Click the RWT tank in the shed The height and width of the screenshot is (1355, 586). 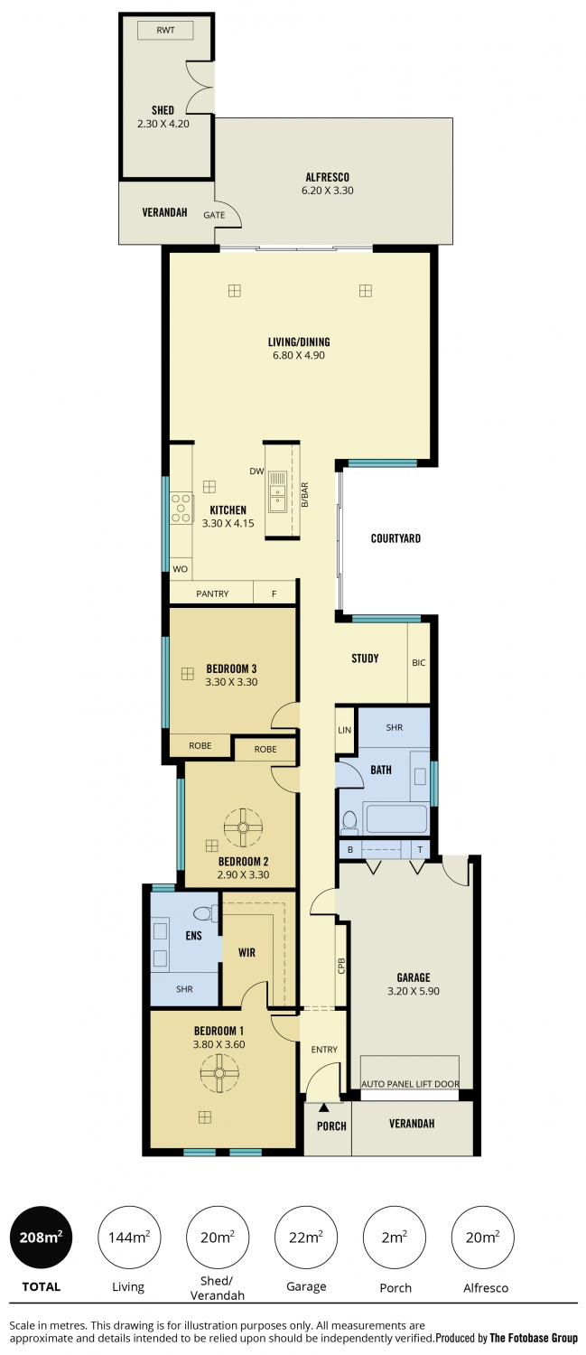click(x=165, y=30)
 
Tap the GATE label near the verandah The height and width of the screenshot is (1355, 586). click(x=214, y=215)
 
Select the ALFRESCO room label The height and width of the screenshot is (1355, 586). click(x=327, y=177)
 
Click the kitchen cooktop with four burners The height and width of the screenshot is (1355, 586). click(x=181, y=508)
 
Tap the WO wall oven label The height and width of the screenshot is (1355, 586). click(x=181, y=569)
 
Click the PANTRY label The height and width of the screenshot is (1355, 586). click(x=212, y=594)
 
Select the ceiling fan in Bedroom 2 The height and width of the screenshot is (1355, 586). click(x=243, y=827)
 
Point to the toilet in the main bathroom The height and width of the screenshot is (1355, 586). click(x=349, y=822)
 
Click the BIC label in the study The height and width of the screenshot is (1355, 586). click(x=418, y=663)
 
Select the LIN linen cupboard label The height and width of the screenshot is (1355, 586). click(x=344, y=730)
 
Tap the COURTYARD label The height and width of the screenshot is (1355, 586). click(x=395, y=538)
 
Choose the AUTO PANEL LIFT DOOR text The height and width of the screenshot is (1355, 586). click(x=410, y=1084)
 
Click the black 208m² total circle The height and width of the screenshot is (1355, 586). click(x=42, y=1237)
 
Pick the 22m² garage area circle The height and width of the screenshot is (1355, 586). click(x=306, y=1237)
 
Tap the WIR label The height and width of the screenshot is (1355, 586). click(x=246, y=953)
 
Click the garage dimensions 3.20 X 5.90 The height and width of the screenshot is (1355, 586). click(x=414, y=991)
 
